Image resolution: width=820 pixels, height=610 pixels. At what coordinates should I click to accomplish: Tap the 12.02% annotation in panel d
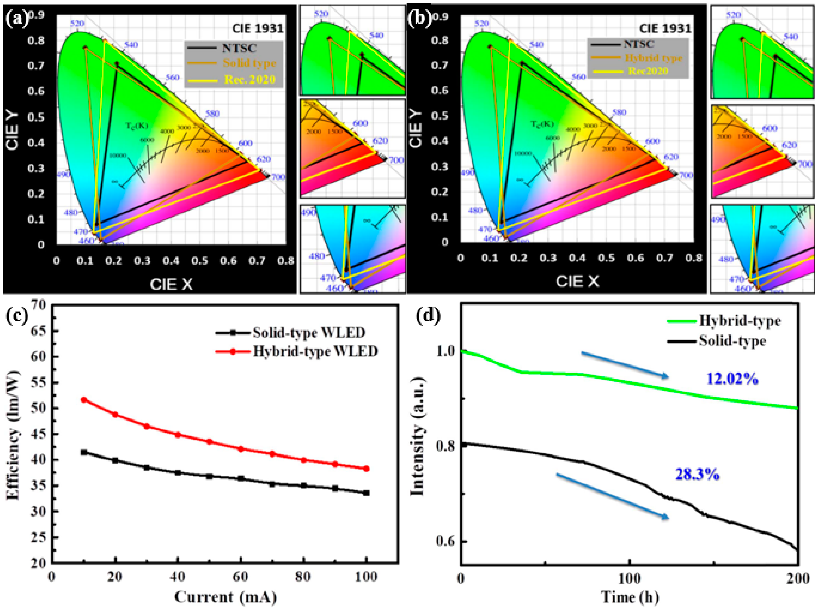[732, 379]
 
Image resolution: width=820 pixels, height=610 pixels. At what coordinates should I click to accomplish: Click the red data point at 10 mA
[84, 400]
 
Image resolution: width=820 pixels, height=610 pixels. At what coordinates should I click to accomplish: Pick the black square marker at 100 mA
[366, 493]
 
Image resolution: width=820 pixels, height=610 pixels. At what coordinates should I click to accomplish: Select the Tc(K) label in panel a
[137, 126]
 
